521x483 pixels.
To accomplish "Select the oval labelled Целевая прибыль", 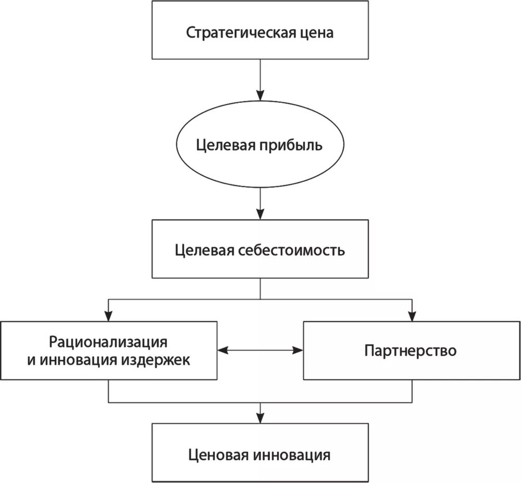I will pyautogui.click(x=259, y=145).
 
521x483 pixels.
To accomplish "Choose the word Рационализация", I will pyautogui.click(x=108, y=342).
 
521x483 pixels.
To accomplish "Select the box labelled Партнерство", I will pyautogui.click(x=411, y=350).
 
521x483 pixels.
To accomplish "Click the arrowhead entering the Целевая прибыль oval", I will pyautogui.click(x=260, y=94).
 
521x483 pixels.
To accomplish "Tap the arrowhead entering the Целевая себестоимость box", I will pyautogui.click(x=260, y=214).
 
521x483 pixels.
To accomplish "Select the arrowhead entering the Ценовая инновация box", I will pyautogui.click(x=260, y=417).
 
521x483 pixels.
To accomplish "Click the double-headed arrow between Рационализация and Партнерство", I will pyautogui.click(x=260, y=351).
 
